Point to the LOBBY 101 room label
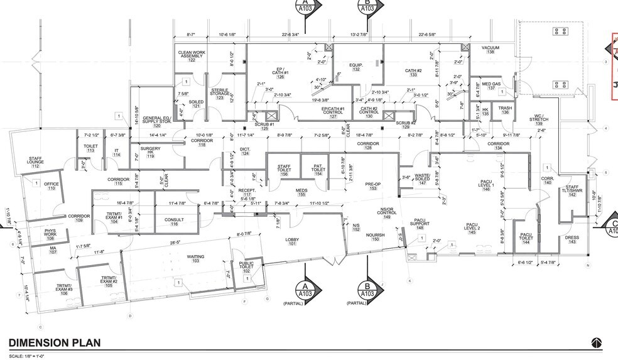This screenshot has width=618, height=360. pyautogui.click(x=291, y=241)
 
